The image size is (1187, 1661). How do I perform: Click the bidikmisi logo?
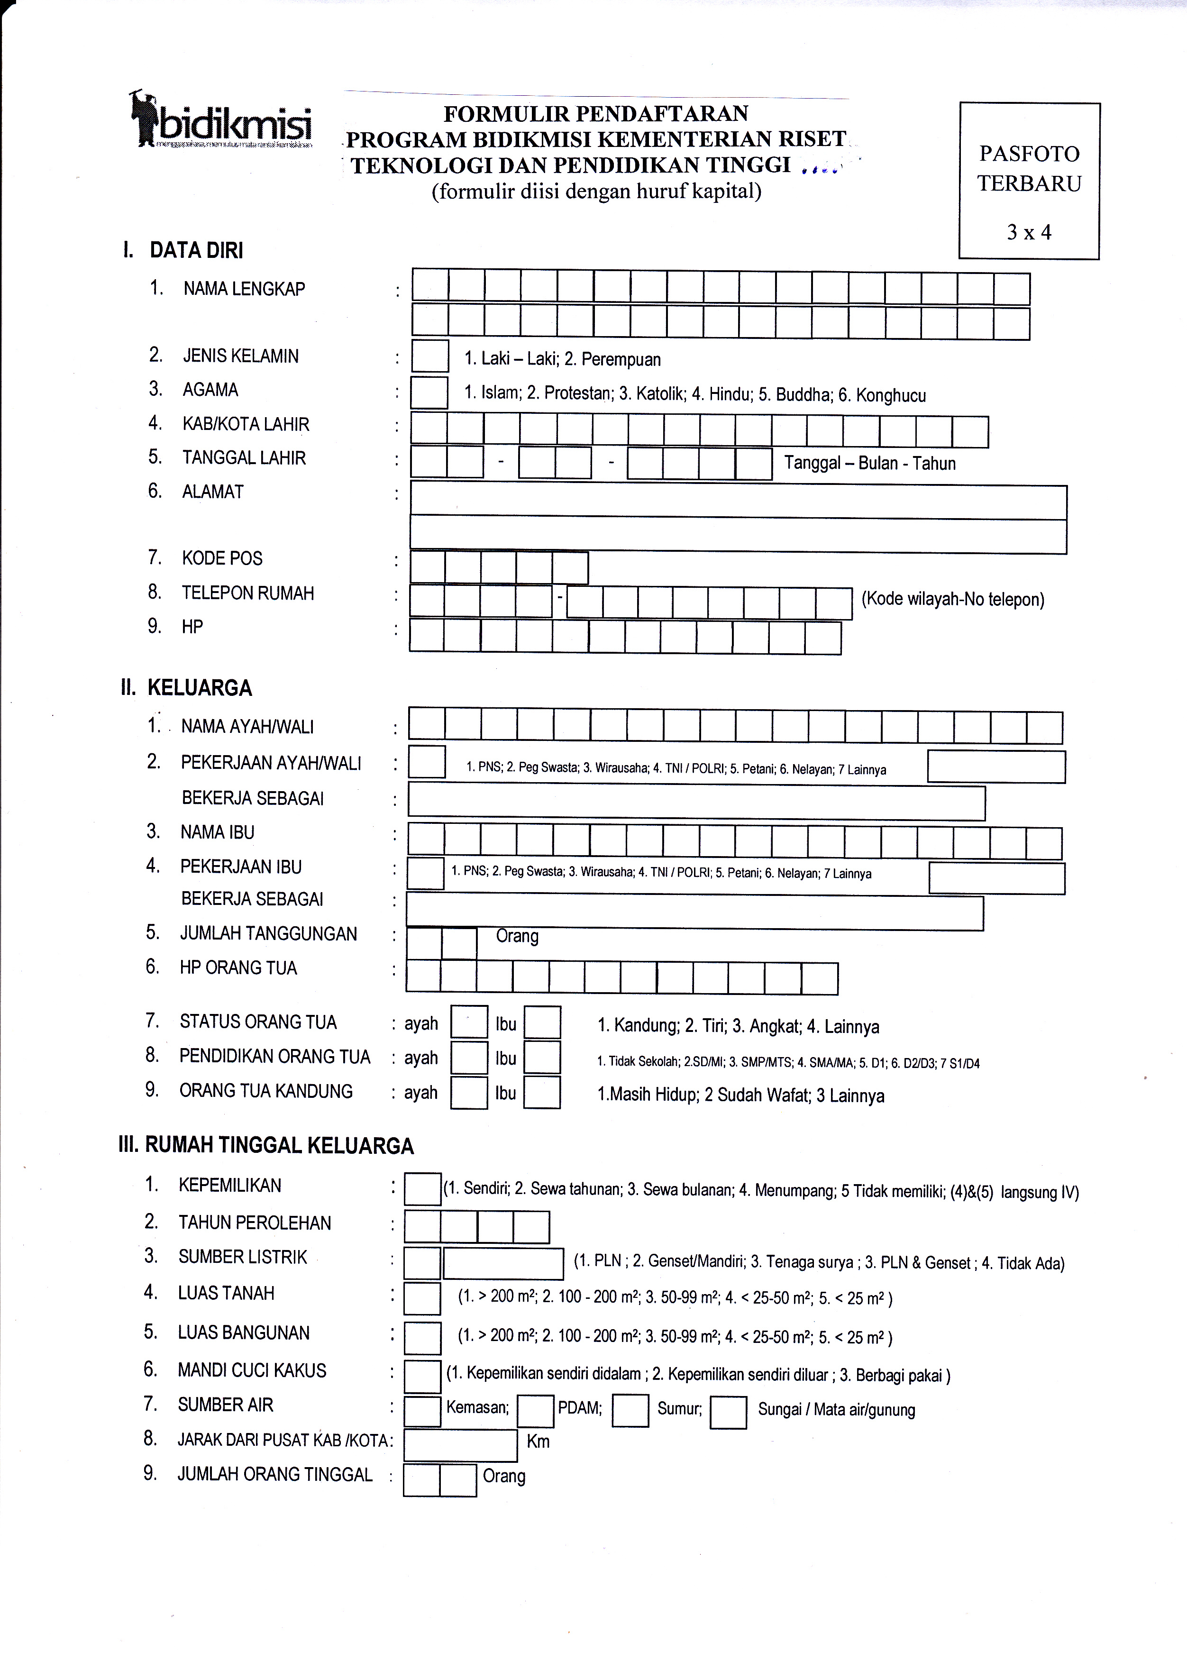(221, 120)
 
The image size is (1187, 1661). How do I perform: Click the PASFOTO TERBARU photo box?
(1029, 181)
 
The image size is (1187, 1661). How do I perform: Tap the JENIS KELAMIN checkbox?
(430, 356)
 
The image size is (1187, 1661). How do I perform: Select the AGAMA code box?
(429, 392)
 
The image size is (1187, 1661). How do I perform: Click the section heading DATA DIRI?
(196, 251)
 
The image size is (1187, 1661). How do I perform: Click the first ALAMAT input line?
(738, 502)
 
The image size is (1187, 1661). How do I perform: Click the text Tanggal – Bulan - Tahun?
(870, 463)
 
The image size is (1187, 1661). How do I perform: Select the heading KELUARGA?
(200, 688)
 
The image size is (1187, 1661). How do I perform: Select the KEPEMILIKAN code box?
(422, 1189)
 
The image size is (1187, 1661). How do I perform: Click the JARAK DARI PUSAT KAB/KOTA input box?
(460, 1445)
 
